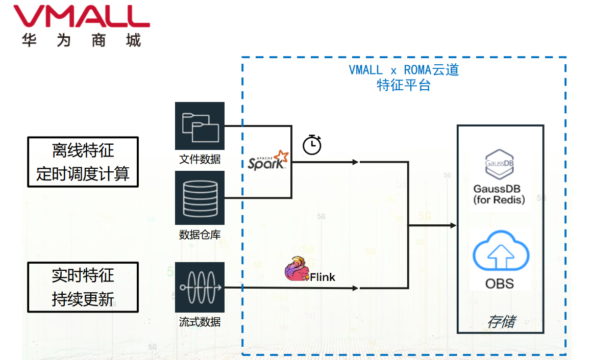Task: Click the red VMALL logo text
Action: tap(82, 17)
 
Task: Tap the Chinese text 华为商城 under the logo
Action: tap(82, 41)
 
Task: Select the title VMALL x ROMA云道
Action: tap(404, 70)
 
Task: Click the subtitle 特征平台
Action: tap(404, 85)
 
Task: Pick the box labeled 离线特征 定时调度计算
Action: tap(83, 162)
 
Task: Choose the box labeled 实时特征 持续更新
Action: tap(83, 287)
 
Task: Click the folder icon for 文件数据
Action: tap(200, 126)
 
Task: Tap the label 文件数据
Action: tap(200, 159)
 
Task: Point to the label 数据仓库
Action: tap(200, 235)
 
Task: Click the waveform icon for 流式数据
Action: tap(200, 287)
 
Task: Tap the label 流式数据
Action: tap(200, 322)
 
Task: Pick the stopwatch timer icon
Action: tap(312, 145)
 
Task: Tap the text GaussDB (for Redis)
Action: tap(499, 194)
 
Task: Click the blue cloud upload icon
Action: tap(500, 251)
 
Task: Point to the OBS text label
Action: tap(500, 284)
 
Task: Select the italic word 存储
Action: tap(501, 322)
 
